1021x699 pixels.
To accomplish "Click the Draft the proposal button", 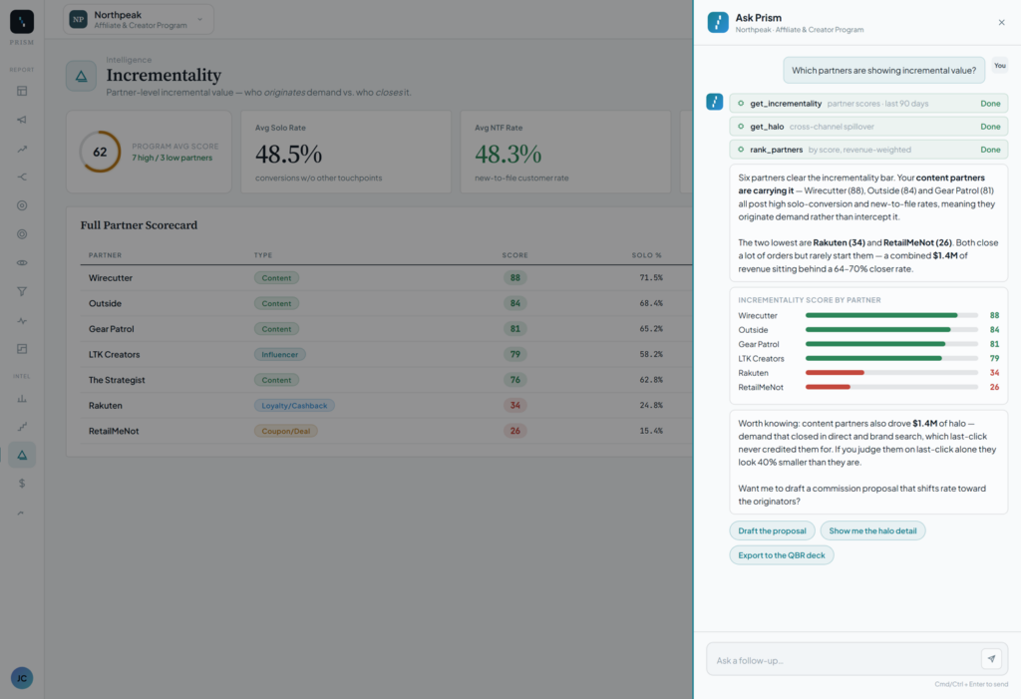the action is pyautogui.click(x=772, y=530).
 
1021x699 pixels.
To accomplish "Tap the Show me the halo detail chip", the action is pyautogui.click(x=872, y=530).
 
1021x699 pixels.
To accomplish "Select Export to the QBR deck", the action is pyautogui.click(x=782, y=555).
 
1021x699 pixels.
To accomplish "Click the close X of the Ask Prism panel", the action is pyautogui.click(x=1001, y=23).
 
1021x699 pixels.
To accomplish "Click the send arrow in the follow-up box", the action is pyautogui.click(x=991, y=658).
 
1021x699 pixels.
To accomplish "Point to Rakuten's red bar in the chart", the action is pyautogui.click(x=835, y=373).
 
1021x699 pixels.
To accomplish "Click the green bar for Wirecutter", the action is pyautogui.click(x=881, y=315).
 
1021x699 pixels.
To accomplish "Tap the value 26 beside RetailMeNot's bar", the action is pyautogui.click(x=994, y=387).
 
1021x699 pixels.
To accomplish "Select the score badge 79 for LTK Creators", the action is pyautogui.click(x=515, y=354).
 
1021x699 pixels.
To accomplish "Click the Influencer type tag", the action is pyautogui.click(x=279, y=354).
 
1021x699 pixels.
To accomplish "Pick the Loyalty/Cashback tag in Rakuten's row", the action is pyautogui.click(x=294, y=405).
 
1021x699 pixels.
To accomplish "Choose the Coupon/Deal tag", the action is pyautogui.click(x=286, y=431).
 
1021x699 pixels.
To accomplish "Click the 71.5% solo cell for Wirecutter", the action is pyautogui.click(x=650, y=277).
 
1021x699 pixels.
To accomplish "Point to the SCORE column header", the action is pyautogui.click(x=515, y=255).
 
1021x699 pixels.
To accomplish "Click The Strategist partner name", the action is pyautogui.click(x=117, y=380).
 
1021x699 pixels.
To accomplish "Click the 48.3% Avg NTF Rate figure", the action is pyautogui.click(x=508, y=155).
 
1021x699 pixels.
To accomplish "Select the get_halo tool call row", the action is pyautogui.click(x=868, y=127).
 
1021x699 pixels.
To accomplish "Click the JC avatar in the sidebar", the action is pyautogui.click(x=22, y=678).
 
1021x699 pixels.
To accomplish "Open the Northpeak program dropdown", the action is pyautogui.click(x=138, y=20).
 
